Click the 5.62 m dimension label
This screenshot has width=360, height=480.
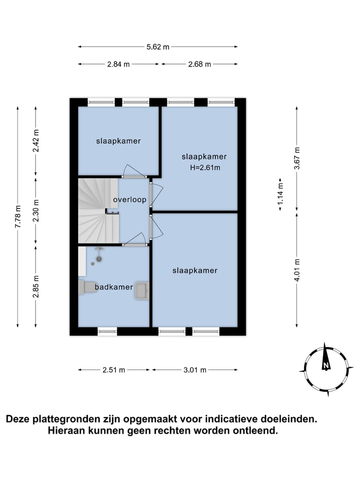[158, 47]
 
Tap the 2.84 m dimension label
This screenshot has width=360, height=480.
[118, 64]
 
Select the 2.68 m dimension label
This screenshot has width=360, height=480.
[199, 64]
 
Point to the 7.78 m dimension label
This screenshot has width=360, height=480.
[18, 217]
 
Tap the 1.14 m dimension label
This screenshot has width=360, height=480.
[280, 192]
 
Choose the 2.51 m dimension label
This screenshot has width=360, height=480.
[114, 370]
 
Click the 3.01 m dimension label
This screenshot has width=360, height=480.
[194, 370]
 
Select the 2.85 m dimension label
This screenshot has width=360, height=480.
[35, 286]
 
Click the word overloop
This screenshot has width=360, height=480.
[129, 200]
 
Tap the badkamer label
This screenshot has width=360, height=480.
[114, 287]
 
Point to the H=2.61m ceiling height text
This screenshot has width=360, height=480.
[205, 167]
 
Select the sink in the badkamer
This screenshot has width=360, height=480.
[141, 291]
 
